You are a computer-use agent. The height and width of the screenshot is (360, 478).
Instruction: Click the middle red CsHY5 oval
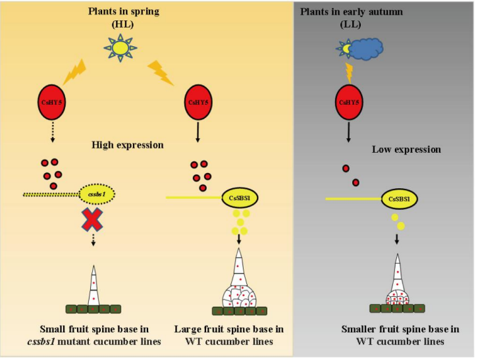197,102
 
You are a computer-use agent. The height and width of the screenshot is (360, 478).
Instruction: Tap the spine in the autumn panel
397,283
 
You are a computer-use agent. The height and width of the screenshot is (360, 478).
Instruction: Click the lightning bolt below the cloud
348,70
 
